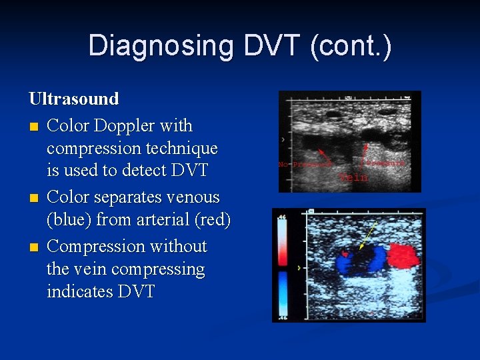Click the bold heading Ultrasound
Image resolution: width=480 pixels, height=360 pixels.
[x=74, y=99]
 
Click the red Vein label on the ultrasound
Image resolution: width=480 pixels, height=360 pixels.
[x=354, y=178]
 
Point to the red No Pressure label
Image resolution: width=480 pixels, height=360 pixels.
[x=304, y=164]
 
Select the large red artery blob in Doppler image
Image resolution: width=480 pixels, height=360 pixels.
[x=403, y=256]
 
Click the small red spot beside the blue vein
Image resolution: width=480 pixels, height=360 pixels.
[x=345, y=254]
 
